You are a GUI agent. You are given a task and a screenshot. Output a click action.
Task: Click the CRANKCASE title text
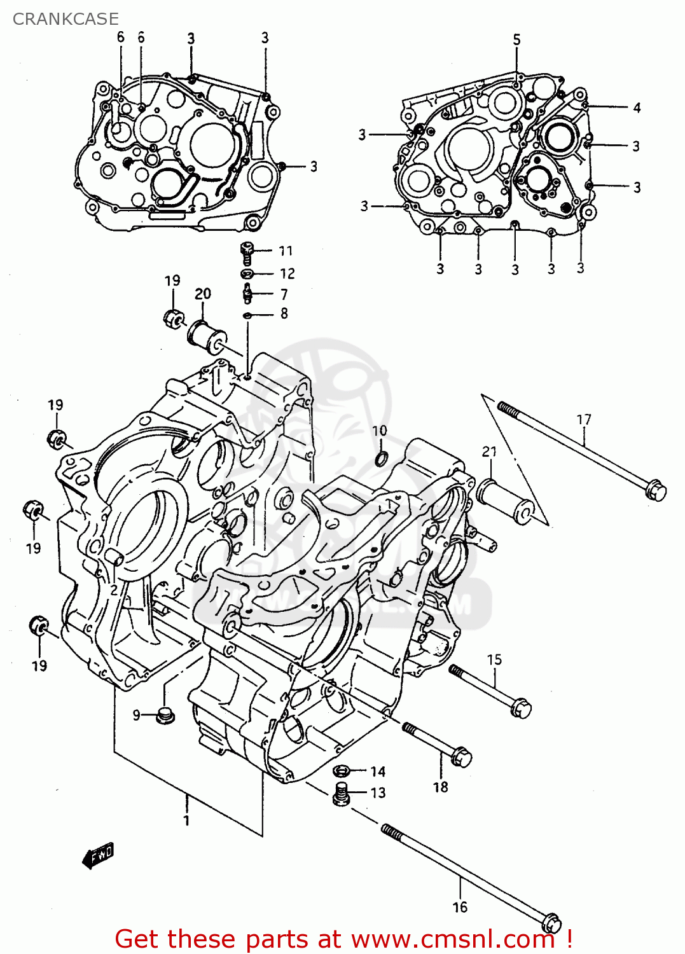66,19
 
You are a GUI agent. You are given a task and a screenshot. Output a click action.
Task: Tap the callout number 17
583,420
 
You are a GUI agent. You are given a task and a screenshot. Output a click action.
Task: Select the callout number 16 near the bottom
460,908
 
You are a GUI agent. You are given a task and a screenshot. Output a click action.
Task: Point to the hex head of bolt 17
656,491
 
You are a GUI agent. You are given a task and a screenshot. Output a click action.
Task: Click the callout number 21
489,452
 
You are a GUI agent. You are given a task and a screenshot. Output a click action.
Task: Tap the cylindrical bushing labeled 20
207,335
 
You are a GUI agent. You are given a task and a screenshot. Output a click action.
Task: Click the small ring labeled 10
380,457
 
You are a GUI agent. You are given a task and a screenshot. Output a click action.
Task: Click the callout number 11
286,251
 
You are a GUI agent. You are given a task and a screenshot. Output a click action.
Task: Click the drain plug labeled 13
342,794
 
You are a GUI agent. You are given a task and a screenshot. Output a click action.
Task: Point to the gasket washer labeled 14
342,771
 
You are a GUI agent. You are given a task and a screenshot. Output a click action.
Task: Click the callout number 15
494,660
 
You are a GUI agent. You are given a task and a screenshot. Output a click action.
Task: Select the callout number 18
440,787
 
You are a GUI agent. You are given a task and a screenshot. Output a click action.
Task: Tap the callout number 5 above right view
516,39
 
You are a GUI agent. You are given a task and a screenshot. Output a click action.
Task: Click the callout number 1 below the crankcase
186,821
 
